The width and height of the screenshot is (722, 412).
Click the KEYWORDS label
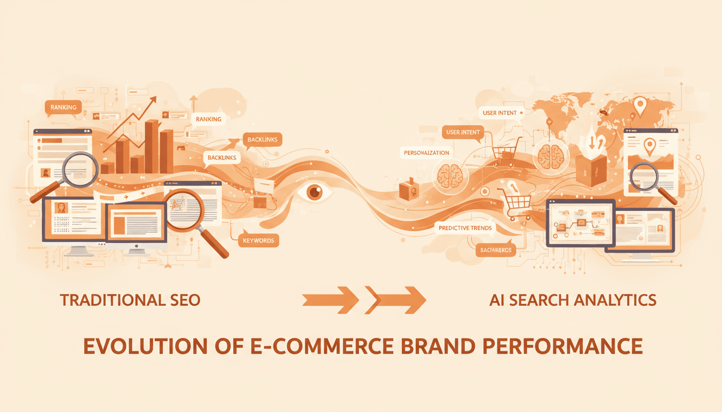pos(258,240)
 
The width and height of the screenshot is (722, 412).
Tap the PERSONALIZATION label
pos(427,153)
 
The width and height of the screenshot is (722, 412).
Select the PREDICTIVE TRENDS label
pos(465,227)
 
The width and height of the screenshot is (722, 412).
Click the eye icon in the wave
pos(314,193)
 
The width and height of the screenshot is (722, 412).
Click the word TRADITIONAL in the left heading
pos(109,299)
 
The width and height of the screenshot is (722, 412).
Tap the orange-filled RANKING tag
pos(63,107)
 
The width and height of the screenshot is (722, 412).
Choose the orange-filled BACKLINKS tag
pos(262,139)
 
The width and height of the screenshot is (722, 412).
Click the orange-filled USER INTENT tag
pos(463,132)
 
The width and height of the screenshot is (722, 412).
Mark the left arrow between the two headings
pos(330,299)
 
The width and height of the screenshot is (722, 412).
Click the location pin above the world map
pos(639,105)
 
